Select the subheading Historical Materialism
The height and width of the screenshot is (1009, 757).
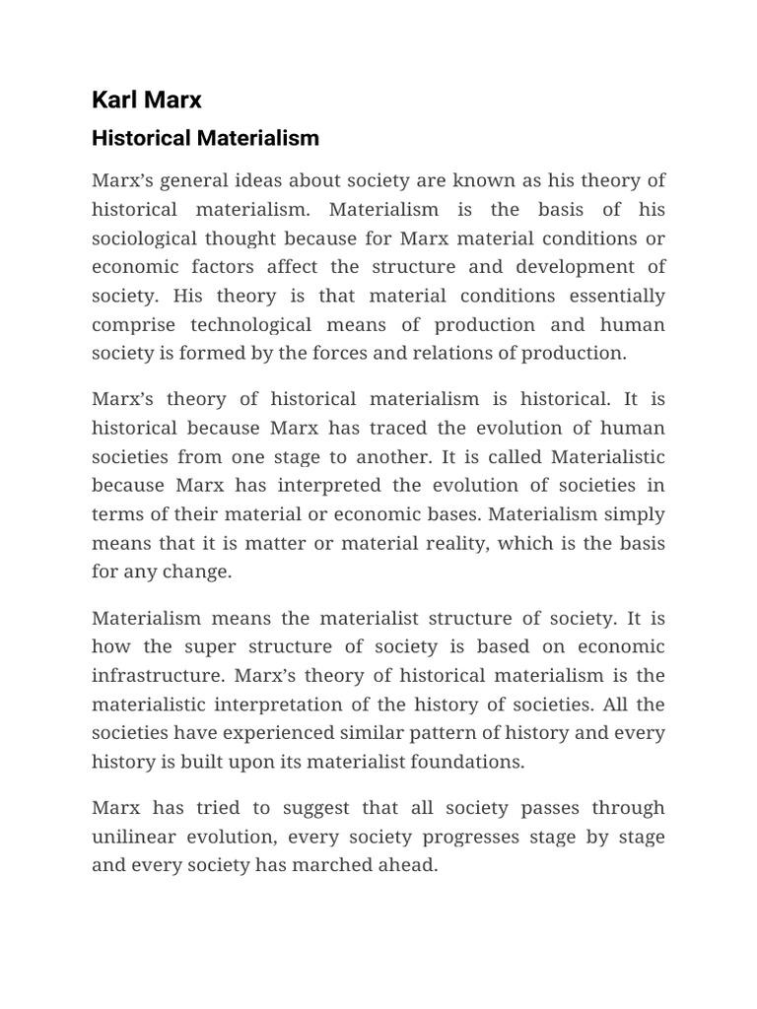[x=205, y=138]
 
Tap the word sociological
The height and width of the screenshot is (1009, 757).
[x=144, y=238]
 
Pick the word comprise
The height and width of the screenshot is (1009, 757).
[x=133, y=325]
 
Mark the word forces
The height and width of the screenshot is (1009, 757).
[x=360, y=354]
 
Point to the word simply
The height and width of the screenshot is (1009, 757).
[x=638, y=514]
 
